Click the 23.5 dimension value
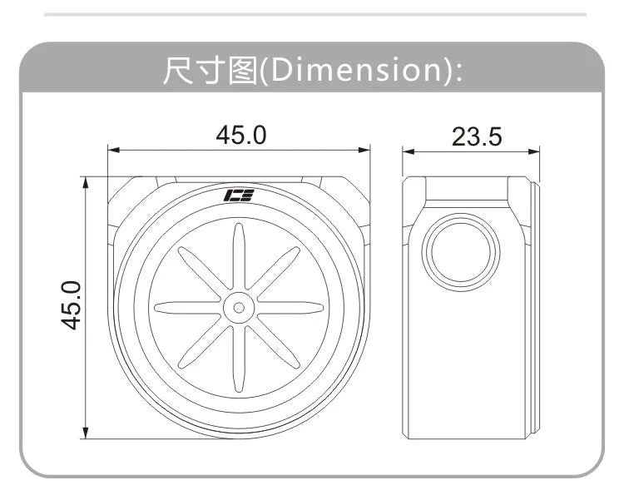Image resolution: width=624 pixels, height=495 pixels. click(477, 136)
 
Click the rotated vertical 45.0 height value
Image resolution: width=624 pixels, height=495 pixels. click(73, 305)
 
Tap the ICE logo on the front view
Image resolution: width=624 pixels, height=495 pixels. click(239, 196)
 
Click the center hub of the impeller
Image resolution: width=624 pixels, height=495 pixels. click(239, 307)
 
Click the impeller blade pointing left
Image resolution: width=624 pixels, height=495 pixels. click(188, 307)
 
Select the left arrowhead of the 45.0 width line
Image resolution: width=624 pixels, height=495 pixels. click(114, 151)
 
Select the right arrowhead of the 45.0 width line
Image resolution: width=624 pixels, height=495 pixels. click(364, 151)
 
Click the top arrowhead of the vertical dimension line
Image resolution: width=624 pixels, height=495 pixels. click(85, 182)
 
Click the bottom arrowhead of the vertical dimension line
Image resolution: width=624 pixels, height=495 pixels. click(85, 432)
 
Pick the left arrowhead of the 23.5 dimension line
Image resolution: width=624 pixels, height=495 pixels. click(409, 151)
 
